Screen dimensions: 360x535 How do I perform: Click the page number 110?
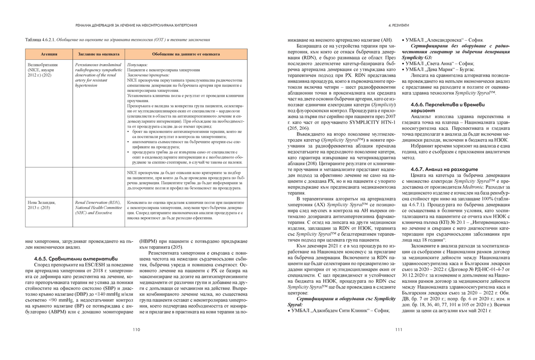point(136,330)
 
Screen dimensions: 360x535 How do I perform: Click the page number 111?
point(399,330)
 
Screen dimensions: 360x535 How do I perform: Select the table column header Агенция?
point(49,54)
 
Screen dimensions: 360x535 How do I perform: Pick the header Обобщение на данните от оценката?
point(186,54)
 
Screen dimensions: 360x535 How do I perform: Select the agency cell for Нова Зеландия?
point(41,205)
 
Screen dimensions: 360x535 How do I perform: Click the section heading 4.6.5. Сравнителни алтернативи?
point(76,258)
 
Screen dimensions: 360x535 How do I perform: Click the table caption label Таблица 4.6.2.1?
point(41,40)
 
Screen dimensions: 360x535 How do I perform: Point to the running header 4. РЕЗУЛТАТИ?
point(399,25)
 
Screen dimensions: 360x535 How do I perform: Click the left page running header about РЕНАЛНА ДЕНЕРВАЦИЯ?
point(136,25)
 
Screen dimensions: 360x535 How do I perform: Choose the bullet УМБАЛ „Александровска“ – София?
point(442,40)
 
